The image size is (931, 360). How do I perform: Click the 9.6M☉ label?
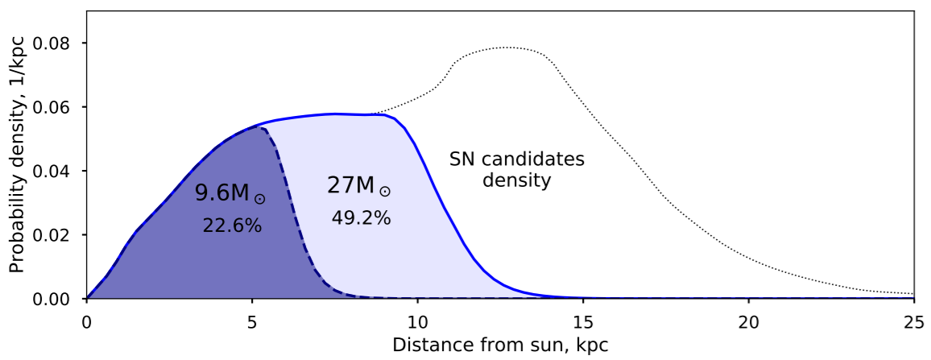point(230,194)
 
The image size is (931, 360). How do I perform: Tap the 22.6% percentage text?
point(232,226)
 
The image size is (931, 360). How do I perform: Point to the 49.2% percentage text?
point(361,218)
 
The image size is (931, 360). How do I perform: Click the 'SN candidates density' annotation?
point(516,170)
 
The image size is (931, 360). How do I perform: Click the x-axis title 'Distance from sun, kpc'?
point(499,346)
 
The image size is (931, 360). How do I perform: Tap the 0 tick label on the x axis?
point(87,323)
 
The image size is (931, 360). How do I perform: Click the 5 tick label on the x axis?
point(252,323)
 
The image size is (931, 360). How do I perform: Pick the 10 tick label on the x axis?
point(417,323)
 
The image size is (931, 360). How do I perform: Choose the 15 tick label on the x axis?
point(583,323)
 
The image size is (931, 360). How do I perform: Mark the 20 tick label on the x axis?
point(748,323)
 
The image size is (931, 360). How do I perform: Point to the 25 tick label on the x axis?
point(914,323)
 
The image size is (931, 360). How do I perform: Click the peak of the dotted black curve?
point(507,47)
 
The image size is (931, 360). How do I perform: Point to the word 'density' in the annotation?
point(516,180)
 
